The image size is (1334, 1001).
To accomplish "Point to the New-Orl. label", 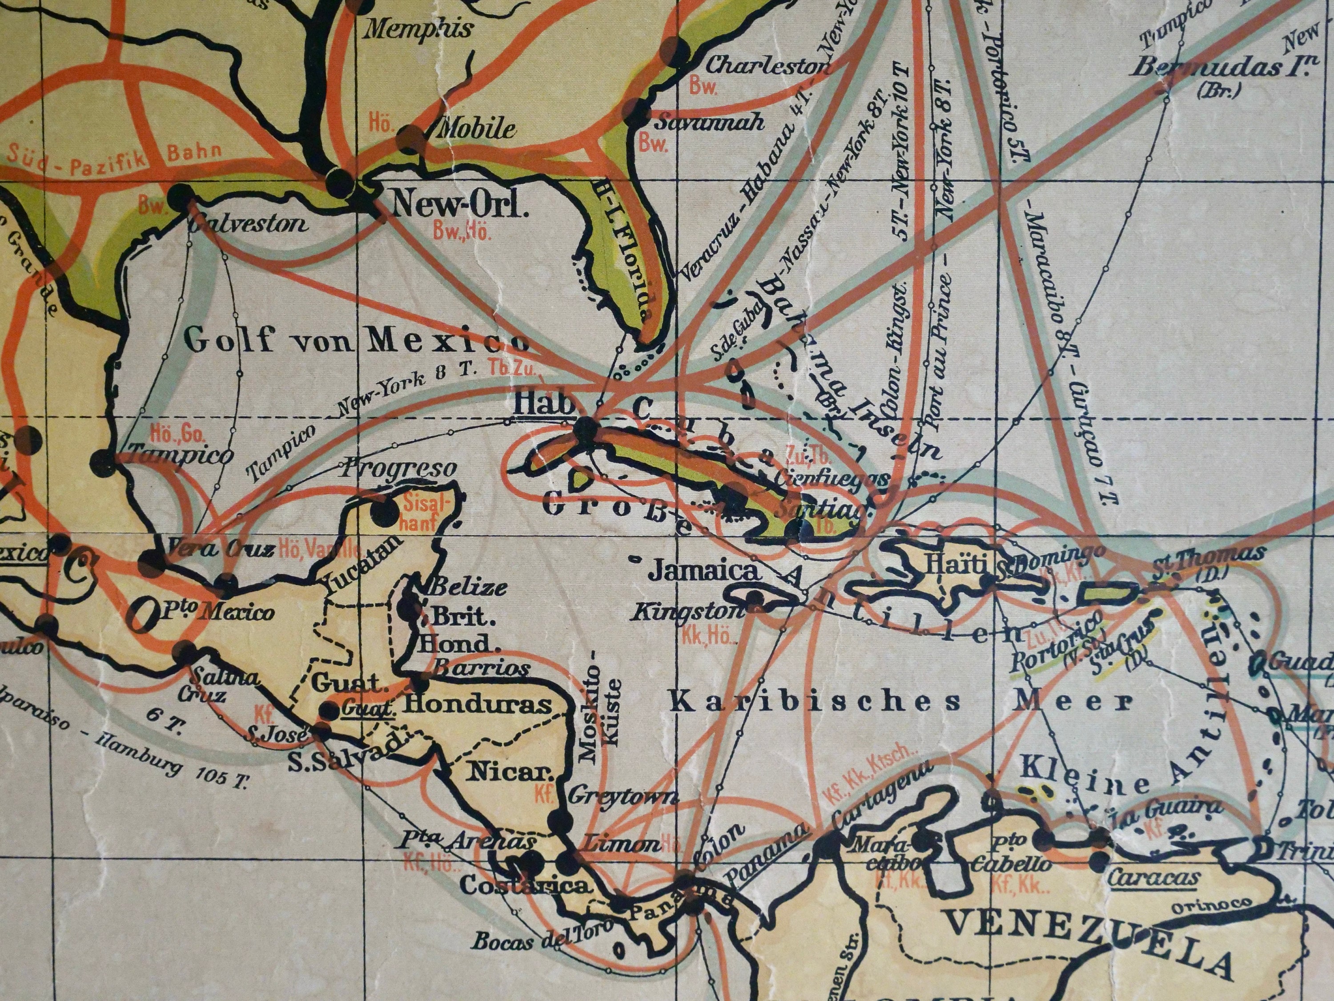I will (460, 206).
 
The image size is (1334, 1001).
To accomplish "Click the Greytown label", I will (623, 798).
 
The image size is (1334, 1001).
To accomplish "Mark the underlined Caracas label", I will (1153, 878).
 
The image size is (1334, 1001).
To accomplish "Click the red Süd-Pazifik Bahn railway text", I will (115, 158).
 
